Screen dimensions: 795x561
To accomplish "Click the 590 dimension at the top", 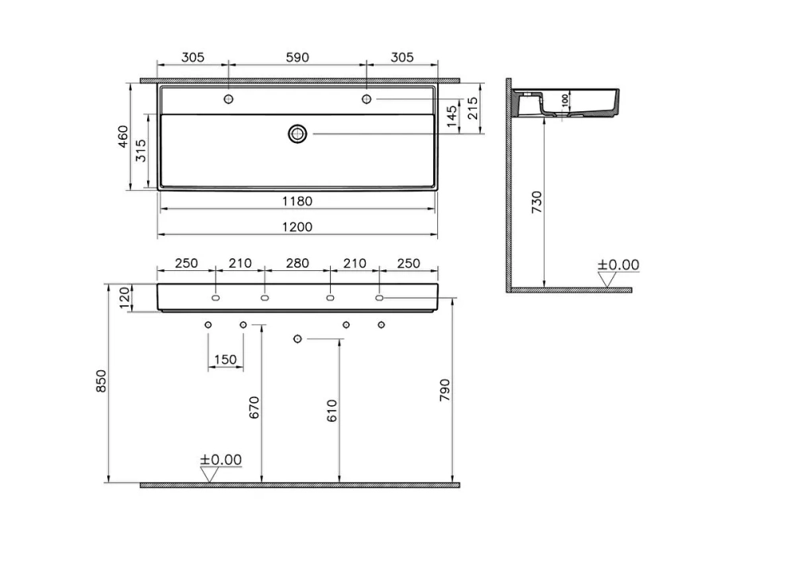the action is pos(297,57).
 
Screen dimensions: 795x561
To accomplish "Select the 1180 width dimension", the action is pos(297,201).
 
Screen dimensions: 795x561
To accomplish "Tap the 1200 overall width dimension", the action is pos(297,226).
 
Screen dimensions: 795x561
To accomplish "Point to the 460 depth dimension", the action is pos(123,137).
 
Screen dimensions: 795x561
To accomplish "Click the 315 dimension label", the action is pos(141,150).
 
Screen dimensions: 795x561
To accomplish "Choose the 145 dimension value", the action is pos(452,116).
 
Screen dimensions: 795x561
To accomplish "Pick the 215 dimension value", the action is pos(472,108).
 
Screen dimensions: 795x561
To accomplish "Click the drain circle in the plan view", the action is pos(297,133).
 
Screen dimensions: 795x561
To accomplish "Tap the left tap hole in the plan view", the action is pos(229,99).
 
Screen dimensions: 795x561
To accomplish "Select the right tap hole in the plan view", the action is pos(366,99).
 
